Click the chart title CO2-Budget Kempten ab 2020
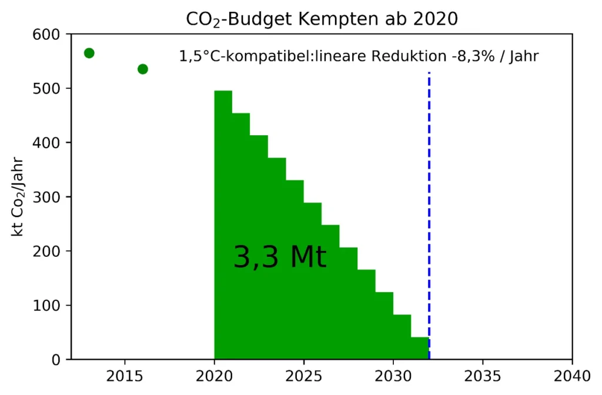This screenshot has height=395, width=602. click(322, 19)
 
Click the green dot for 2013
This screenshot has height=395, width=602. click(89, 53)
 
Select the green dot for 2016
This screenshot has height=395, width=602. click(143, 69)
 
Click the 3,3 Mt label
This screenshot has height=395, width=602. click(280, 257)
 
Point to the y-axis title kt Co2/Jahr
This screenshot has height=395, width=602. click(19, 196)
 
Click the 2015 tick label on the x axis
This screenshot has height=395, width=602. click(125, 376)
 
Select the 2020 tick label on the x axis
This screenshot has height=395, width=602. click(214, 376)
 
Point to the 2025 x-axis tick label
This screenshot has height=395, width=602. click(303, 376)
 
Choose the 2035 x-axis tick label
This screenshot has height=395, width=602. click(482, 376)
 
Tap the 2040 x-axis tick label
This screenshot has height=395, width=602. click(571, 376)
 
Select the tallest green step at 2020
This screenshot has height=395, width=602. click(223, 223)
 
